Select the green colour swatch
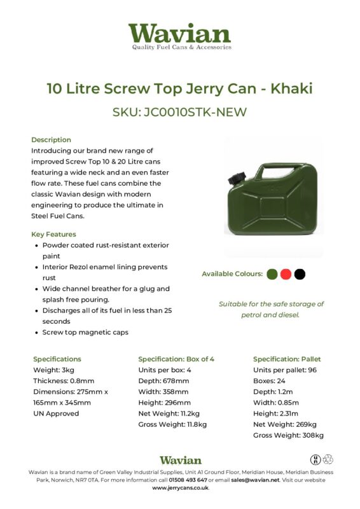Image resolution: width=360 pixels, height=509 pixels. [x=272, y=274]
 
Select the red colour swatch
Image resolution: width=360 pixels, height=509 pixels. [x=286, y=274]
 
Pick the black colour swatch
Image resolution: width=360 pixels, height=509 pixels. [x=300, y=274]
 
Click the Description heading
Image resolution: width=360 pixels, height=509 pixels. [x=51, y=139]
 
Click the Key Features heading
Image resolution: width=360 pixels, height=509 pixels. [x=53, y=234]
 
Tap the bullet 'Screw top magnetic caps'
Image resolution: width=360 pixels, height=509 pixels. [x=85, y=332]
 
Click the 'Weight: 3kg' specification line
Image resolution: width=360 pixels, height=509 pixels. [x=53, y=370]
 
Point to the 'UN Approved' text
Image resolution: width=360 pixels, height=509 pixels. [x=56, y=413]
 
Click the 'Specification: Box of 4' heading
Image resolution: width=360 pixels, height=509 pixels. [x=176, y=359]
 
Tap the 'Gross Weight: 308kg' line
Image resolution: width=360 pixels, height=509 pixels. [x=288, y=435]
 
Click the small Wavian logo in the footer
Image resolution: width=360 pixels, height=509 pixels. [x=180, y=459]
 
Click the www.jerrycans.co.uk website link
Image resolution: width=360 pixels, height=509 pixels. [x=180, y=488]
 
